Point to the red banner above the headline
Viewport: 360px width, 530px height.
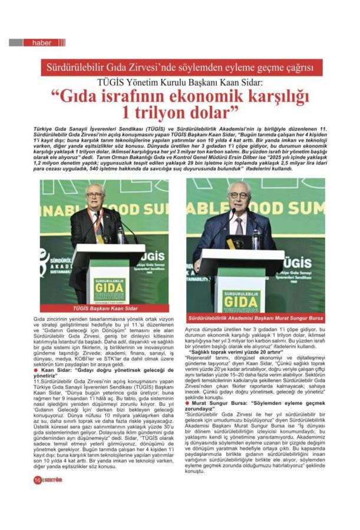click(x=180, y=67)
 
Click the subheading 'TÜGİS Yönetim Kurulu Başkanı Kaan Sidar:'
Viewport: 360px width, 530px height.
click(x=180, y=81)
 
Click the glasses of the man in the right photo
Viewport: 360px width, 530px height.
click(x=239, y=196)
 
